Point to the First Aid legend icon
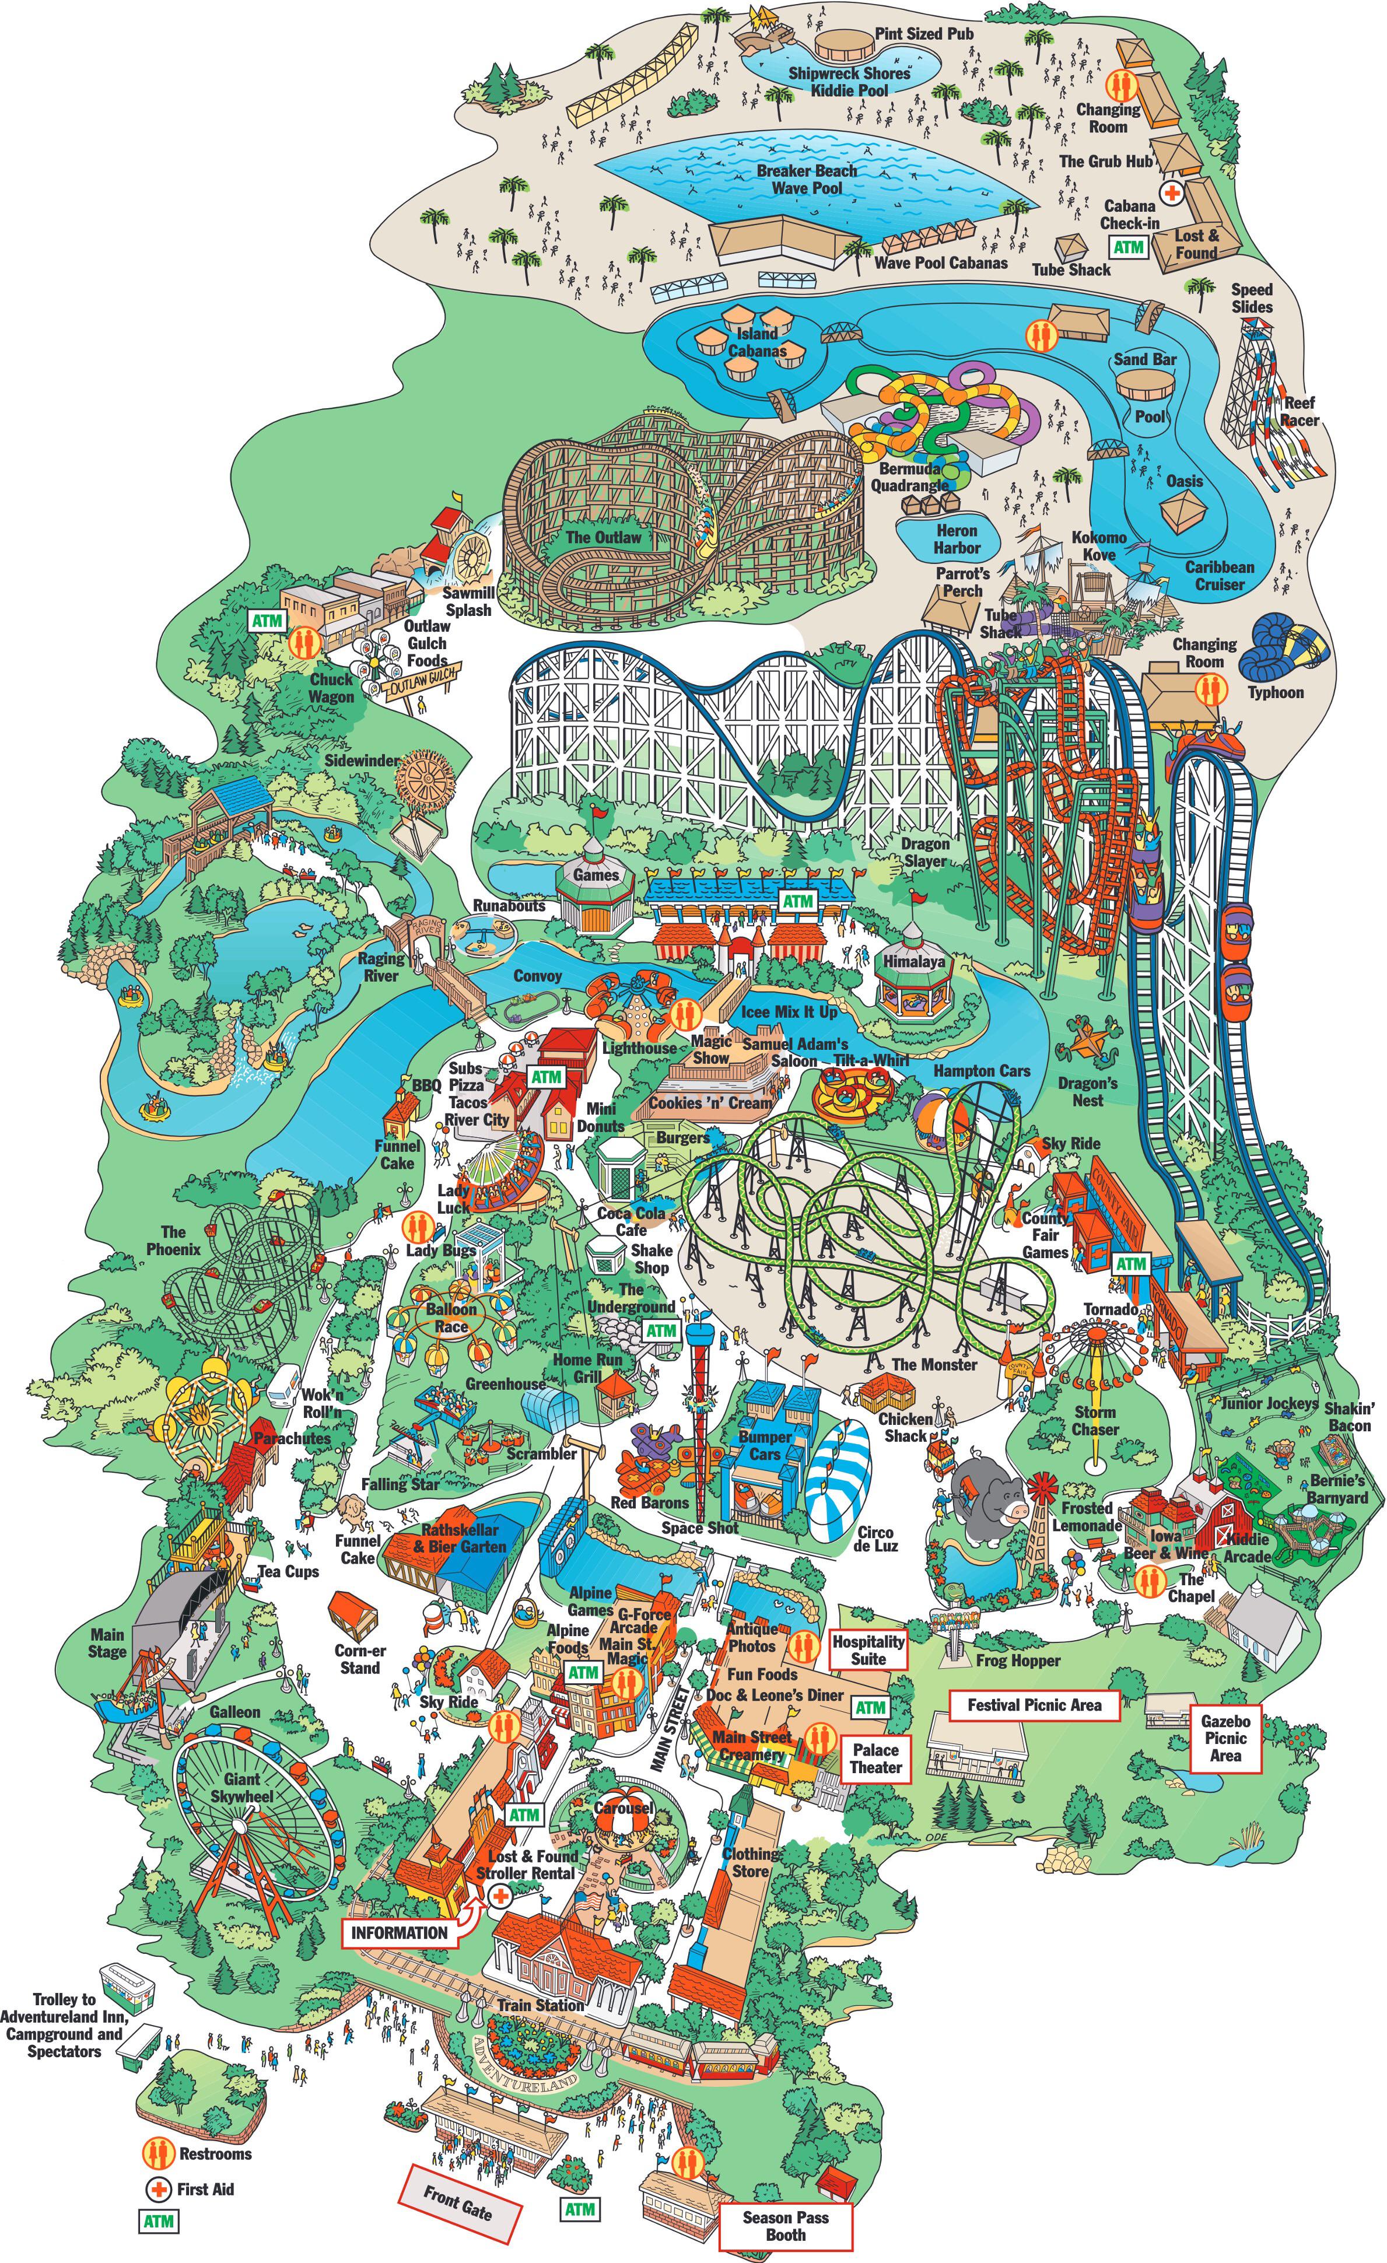(x=159, y=2188)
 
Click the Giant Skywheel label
(x=241, y=1787)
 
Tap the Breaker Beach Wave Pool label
(x=807, y=179)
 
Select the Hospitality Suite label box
(x=868, y=1651)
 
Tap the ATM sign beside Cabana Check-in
(x=1128, y=247)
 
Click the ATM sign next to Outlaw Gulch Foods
(x=267, y=621)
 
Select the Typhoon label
(x=1275, y=692)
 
